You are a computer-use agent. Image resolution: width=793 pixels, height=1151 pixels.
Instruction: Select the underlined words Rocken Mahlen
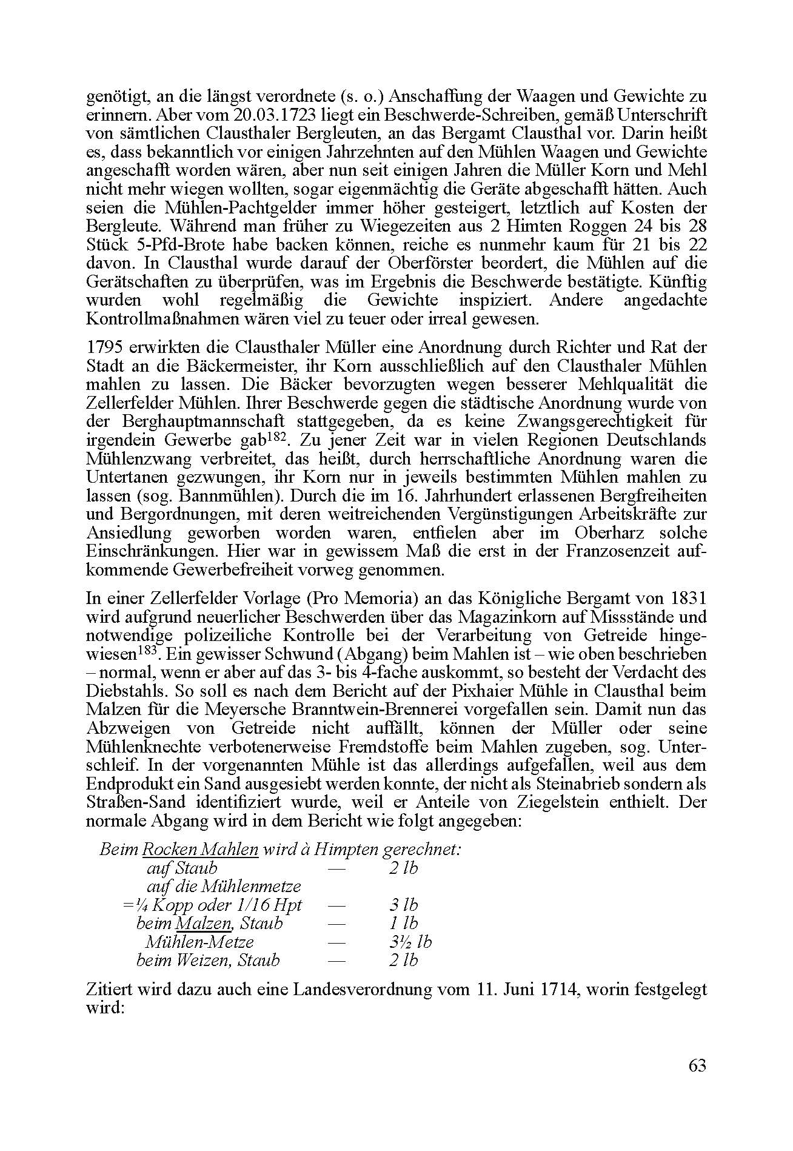pos(201,849)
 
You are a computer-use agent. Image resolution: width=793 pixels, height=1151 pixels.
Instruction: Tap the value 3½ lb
pos(410,942)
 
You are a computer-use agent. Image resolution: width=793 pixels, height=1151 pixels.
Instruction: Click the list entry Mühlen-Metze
pos(199,942)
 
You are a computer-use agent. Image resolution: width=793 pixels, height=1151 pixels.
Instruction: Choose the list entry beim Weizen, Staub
pos(208,960)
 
